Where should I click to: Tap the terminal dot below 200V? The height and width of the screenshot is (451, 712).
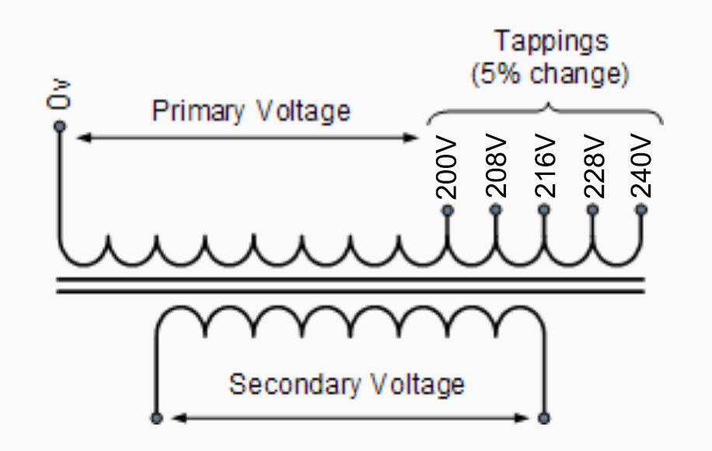[447, 210]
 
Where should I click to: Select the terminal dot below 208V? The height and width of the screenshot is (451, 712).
[495, 210]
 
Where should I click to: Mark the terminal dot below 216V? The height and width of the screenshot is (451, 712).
[544, 210]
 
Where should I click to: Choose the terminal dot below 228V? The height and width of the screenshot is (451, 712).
[592, 210]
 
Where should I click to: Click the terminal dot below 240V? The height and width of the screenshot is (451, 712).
[641, 210]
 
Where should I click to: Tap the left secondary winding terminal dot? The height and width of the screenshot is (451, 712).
[156, 418]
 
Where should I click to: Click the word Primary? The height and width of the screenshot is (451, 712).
[197, 111]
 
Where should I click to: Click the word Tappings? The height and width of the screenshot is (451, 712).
[551, 41]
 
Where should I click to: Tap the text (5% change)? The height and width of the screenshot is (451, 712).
[550, 75]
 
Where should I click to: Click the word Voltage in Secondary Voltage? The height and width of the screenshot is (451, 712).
[417, 384]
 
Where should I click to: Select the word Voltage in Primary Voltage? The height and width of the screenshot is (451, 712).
[303, 111]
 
